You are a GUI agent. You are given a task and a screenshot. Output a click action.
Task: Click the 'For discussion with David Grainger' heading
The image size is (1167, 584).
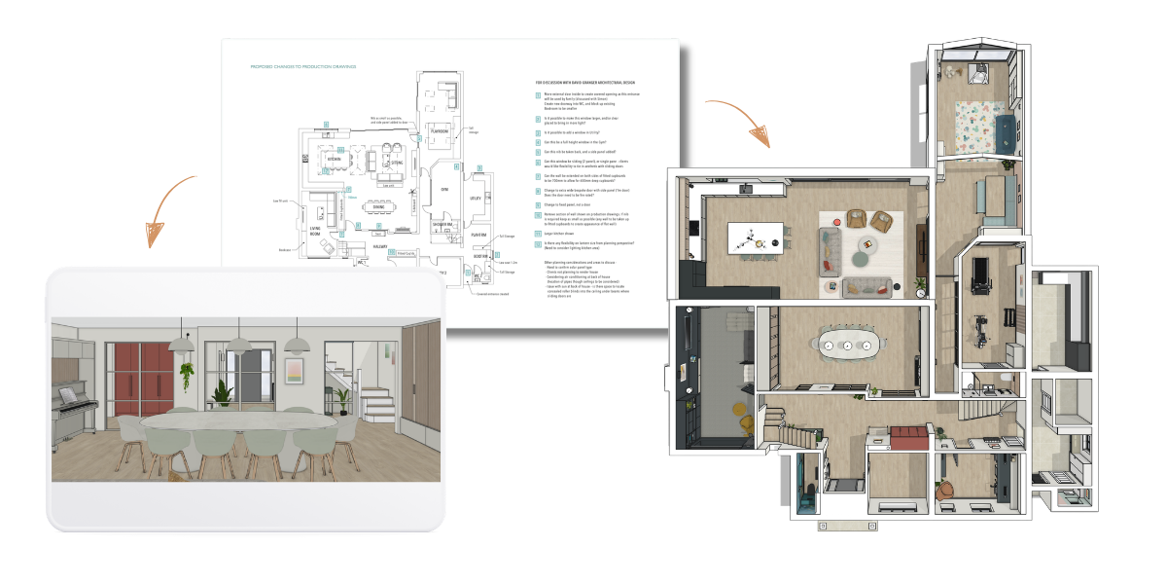pyautogui.click(x=589, y=84)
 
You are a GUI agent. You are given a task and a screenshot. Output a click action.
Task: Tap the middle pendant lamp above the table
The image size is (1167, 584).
pyautogui.click(x=238, y=345)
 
